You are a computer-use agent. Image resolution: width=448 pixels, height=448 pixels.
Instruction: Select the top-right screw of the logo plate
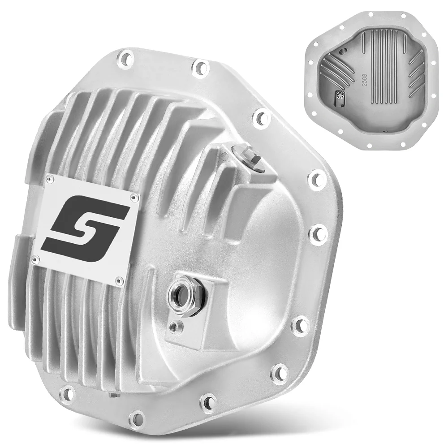tap(132, 197)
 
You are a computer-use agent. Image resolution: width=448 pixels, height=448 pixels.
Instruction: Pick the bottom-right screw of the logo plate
tap(118, 280)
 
